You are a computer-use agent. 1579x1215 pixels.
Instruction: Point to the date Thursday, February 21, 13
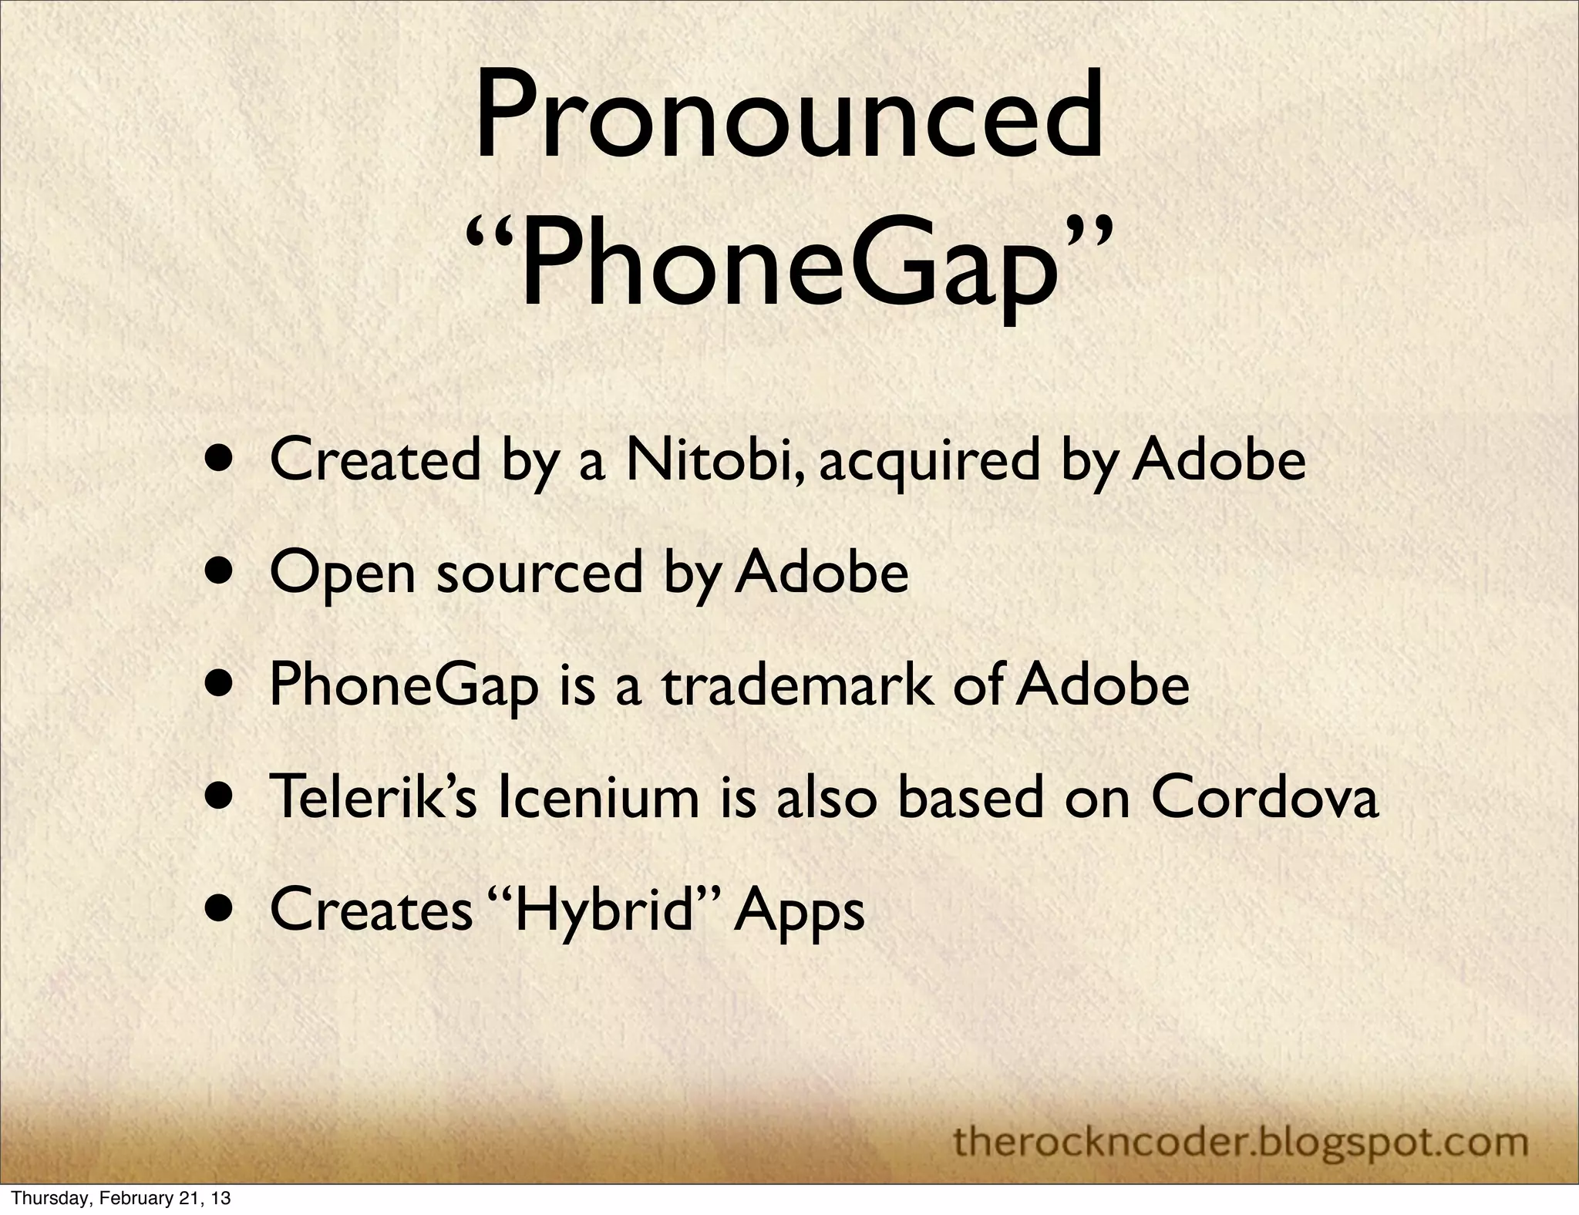pyautogui.click(x=122, y=1198)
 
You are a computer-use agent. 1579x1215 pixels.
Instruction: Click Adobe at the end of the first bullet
pyautogui.click(x=1218, y=460)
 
